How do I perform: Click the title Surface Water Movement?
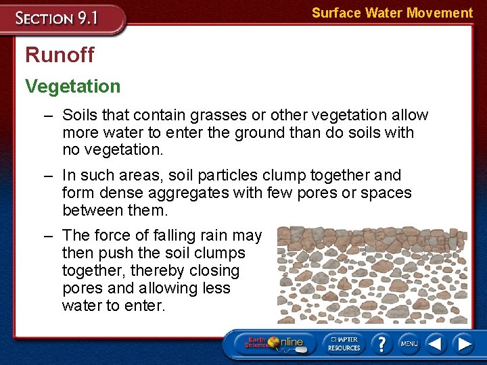pyautogui.click(x=392, y=13)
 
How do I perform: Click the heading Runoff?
pyautogui.click(x=60, y=55)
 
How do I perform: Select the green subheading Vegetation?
pyautogui.click(x=72, y=86)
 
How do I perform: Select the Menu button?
pyautogui.click(x=409, y=343)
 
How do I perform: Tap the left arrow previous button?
pyautogui.click(x=436, y=343)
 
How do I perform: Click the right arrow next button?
pyautogui.click(x=464, y=343)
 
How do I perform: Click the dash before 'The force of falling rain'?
pyautogui.click(x=49, y=235)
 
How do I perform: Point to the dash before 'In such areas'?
pyautogui.click(x=49, y=175)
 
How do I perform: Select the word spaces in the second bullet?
pyautogui.click(x=386, y=193)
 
